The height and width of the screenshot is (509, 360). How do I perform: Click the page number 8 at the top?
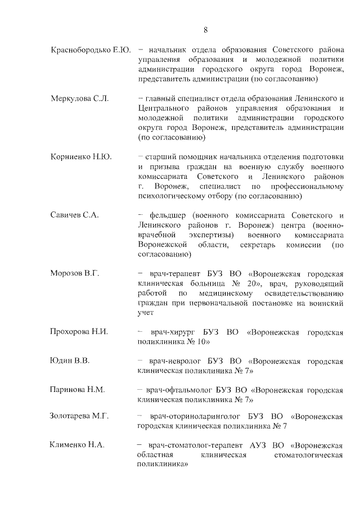click(205, 30)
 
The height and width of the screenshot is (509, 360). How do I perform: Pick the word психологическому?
click(172, 196)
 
